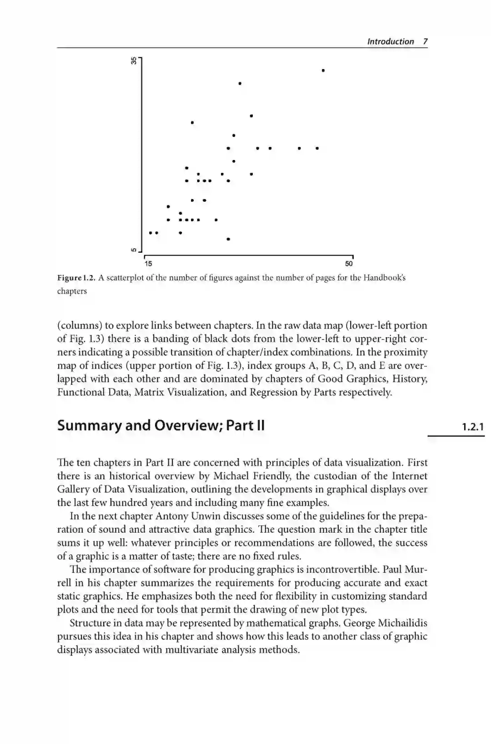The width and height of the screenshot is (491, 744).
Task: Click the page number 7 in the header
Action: [x=425, y=41]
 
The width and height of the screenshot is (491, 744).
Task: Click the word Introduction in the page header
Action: [x=391, y=41]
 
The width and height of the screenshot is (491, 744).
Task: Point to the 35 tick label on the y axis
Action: [x=134, y=60]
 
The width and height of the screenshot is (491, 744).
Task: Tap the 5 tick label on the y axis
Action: [x=134, y=250]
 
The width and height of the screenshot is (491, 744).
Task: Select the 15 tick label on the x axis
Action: [x=148, y=264]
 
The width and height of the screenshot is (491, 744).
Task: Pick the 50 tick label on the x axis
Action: [x=349, y=264]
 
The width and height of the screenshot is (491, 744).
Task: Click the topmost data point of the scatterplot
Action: [x=323, y=70]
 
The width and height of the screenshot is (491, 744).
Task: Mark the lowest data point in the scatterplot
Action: [x=228, y=239]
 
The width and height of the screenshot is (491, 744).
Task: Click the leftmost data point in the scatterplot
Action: [x=151, y=233]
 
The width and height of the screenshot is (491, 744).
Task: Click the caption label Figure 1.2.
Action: [x=76, y=278]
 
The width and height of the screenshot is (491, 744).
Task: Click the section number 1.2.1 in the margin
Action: [x=473, y=427]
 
